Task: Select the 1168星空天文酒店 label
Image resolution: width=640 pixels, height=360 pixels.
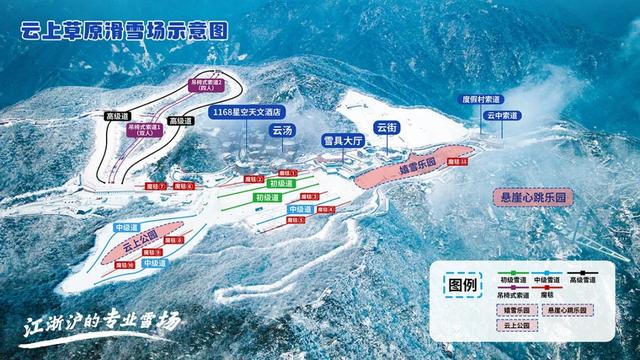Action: click(x=247, y=113)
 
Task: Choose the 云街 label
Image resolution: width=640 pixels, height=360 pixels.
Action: click(x=386, y=128)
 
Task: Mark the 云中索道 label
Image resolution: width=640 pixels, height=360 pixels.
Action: click(x=502, y=116)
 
